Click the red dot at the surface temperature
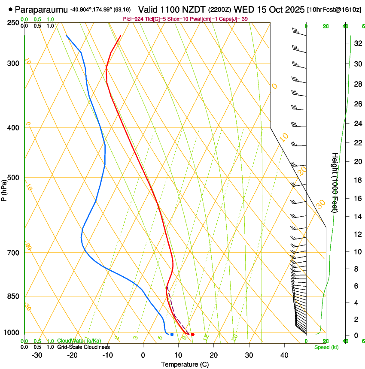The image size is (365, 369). tap(193, 334)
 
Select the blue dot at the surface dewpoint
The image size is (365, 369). tap(172, 334)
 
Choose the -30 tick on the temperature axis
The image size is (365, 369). tap(37, 355)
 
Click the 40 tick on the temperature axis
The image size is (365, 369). tap(284, 355)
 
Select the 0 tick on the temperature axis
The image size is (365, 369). tap(143, 355)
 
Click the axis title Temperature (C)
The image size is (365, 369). tap(185, 364)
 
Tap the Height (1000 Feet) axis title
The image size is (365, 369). tap(335, 182)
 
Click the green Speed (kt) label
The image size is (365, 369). tap(326, 347)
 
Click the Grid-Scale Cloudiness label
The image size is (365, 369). tap(83, 347)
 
